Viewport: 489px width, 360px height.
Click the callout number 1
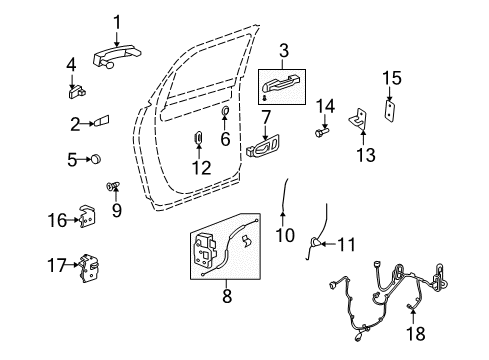117,21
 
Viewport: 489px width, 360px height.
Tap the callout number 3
284,49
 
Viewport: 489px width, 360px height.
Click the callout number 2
74,124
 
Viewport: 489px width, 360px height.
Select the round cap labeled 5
101,157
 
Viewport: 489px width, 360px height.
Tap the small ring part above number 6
225,111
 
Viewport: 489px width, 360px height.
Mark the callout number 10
285,236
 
